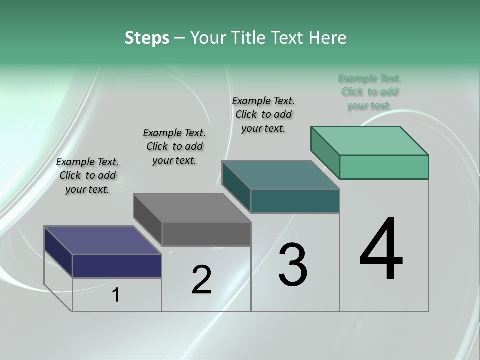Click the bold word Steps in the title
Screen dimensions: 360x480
pyautogui.click(x=147, y=38)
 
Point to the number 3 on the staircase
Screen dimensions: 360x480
pyautogui.click(x=292, y=265)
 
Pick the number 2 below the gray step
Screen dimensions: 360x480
pyautogui.click(x=201, y=280)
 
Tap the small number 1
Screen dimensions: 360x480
pyautogui.click(x=116, y=295)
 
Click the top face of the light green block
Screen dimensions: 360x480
pyautogui.click(x=370, y=140)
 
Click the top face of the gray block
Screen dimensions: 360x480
pyautogui.click(x=192, y=208)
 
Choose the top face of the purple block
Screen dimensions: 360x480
pyautogui.click(x=103, y=240)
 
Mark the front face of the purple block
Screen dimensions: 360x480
pyautogui.click(x=117, y=266)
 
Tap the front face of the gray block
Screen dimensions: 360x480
pyautogui.click(x=206, y=234)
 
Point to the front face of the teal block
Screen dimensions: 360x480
pyautogui.click(x=295, y=201)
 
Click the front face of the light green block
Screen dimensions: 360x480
pyautogui.click(x=384, y=167)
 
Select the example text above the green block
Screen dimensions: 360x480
pyautogui.click(x=369, y=92)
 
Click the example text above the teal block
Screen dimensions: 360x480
pyautogui.click(x=263, y=114)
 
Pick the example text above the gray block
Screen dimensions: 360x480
pyautogui.click(x=174, y=146)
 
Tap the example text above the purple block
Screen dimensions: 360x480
pyautogui.click(x=87, y=175)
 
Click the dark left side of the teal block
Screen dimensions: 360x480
pyautogui.click(x=236, y=185)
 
